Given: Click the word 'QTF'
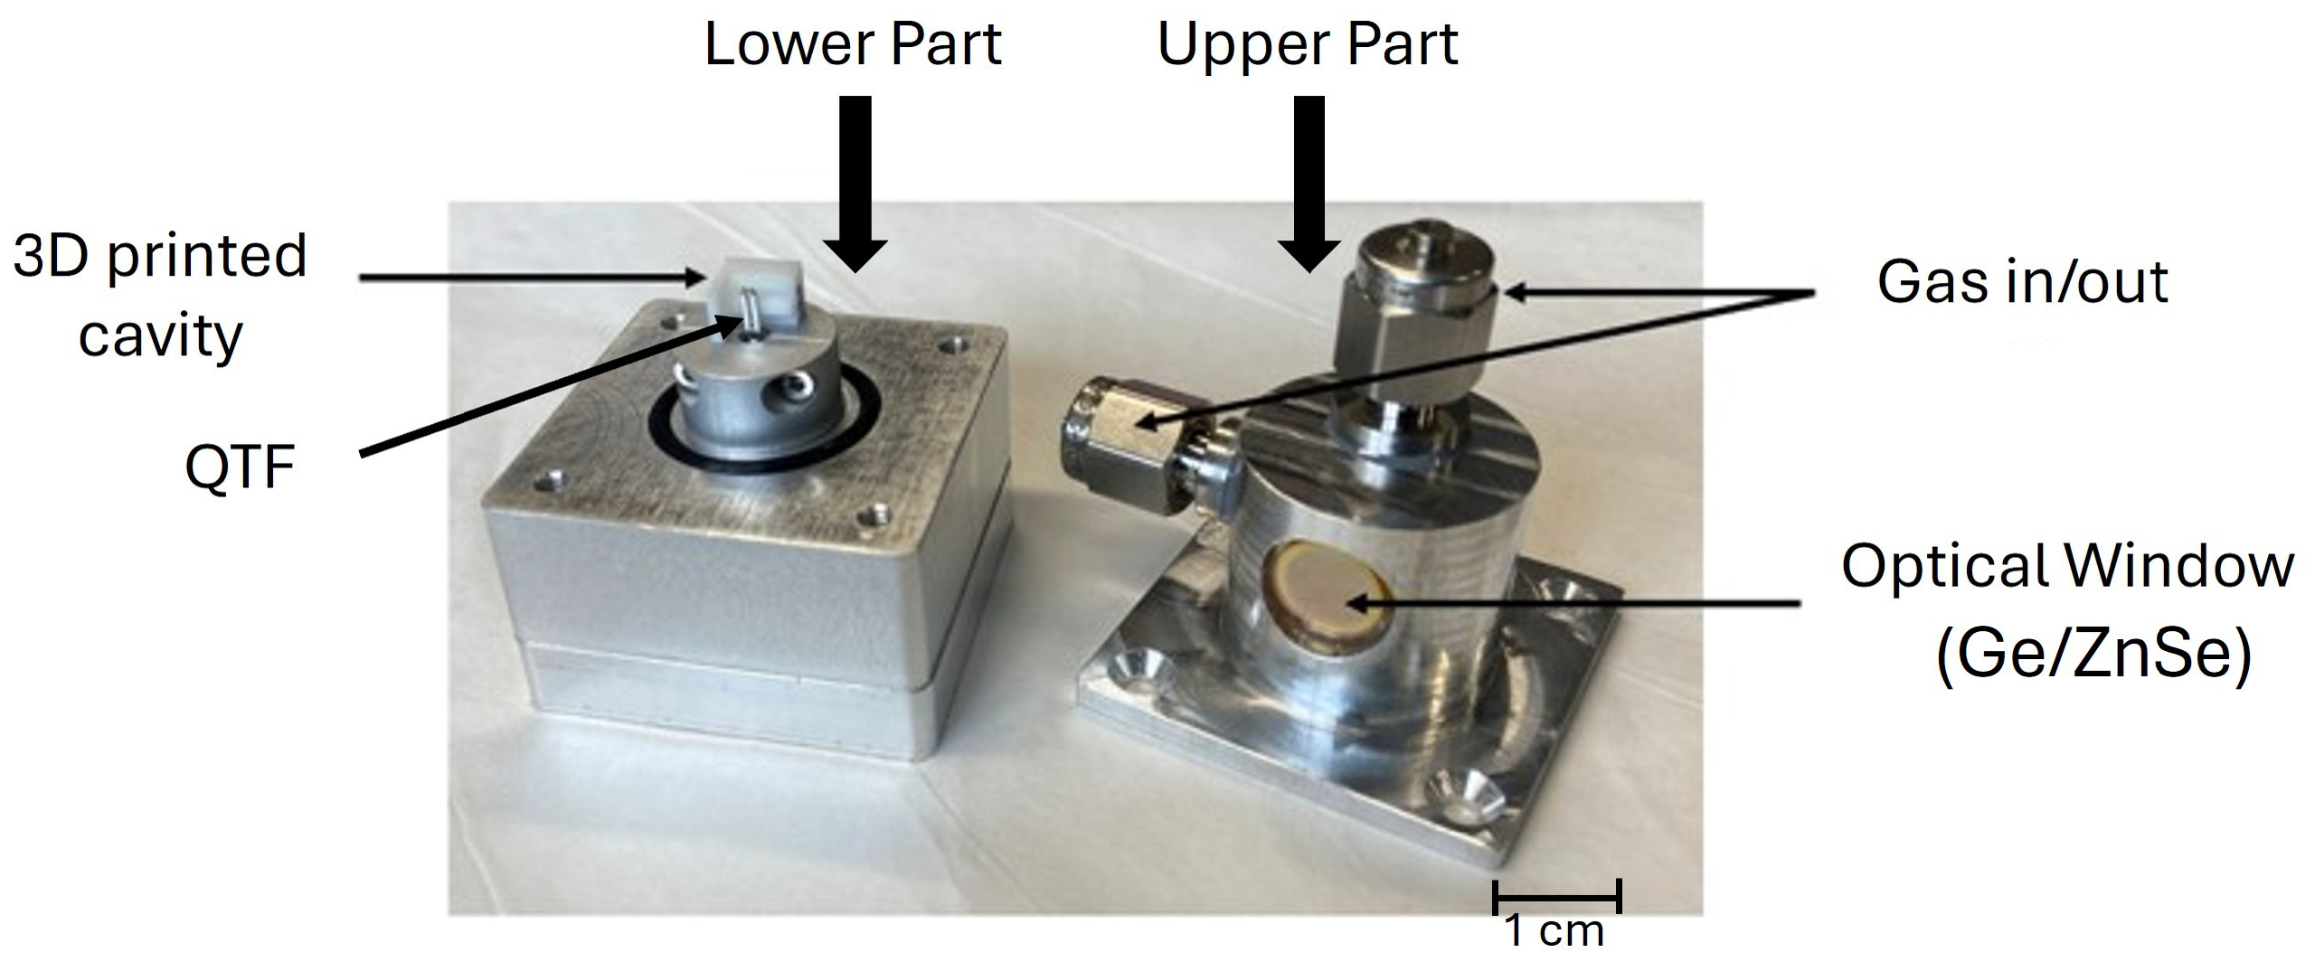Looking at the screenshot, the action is point(240,467).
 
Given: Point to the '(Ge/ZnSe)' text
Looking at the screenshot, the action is point(2093,654).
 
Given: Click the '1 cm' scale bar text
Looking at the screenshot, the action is point(1554,931).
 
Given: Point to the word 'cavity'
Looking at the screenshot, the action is point(160,336).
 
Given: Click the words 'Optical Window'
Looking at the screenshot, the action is point(2067,567).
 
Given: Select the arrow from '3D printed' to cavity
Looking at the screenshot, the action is point(534,278).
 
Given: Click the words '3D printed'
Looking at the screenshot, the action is point(160,257).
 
